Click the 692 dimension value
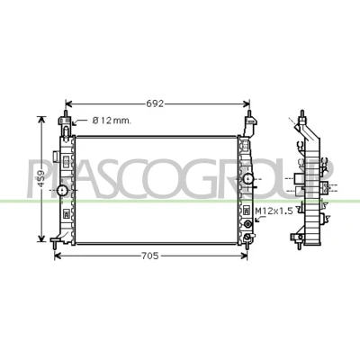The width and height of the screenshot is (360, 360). (x=155, y=103)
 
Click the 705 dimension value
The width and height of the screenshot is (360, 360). (x=149, y=256)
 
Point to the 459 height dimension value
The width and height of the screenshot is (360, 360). (x=41, y=179)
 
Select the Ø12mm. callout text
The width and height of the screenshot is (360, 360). (x=112, y=121)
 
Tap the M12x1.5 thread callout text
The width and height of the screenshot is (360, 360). (x=274, y=211)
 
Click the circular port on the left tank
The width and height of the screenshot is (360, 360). (x=62, y=190)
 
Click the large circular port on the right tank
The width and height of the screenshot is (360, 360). (x=248, y=179)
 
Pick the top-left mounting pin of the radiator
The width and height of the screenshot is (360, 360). (x=66, y=113)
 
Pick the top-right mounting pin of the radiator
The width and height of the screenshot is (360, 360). (x=249, y=114)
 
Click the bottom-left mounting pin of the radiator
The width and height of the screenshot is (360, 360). (x=54, y=245)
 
